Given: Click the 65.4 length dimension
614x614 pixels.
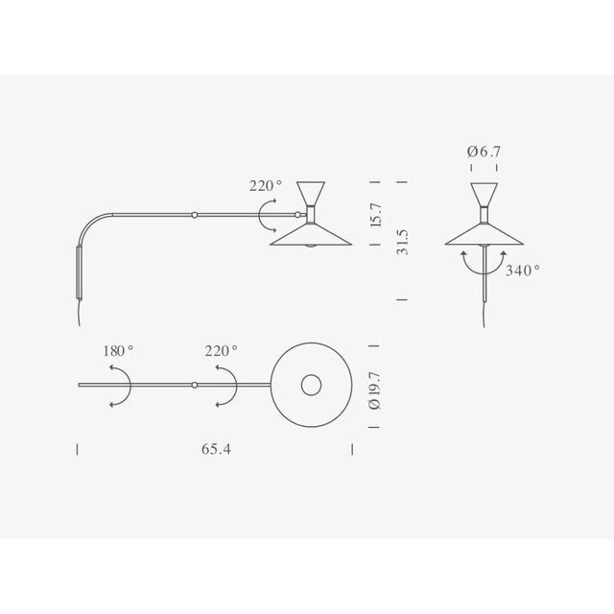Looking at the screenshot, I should coord(217,448).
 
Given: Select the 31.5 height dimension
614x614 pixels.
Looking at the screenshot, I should coord(404,242).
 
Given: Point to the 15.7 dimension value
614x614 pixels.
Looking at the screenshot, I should coord(376,214).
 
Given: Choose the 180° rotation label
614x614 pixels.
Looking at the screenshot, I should coord(118,351).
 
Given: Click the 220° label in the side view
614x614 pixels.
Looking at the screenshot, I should coord(266,186).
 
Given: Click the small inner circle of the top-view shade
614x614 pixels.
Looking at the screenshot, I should coord(313,386).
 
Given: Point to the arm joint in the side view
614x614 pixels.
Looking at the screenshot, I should coord(195,215).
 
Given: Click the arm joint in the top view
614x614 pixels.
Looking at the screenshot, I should coord(195,386).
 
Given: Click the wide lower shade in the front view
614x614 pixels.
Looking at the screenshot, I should coord(484,235).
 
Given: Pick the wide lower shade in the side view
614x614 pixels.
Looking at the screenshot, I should coord(312,235).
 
